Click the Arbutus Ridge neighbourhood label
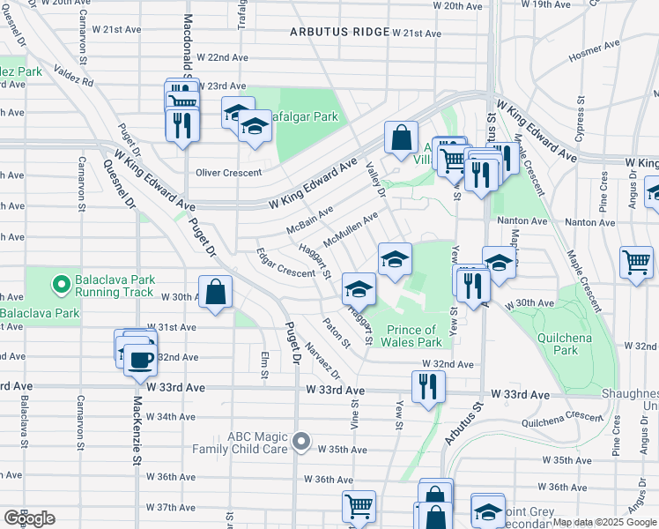point(339,33)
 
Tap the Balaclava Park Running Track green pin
point(61,285)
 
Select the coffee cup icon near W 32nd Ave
point(140,359)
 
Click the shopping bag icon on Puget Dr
point(215,292)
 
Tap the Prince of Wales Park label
point(412,336)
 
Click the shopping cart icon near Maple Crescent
point(636,261)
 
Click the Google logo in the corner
point(28,518)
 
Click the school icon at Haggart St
point(359,288)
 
